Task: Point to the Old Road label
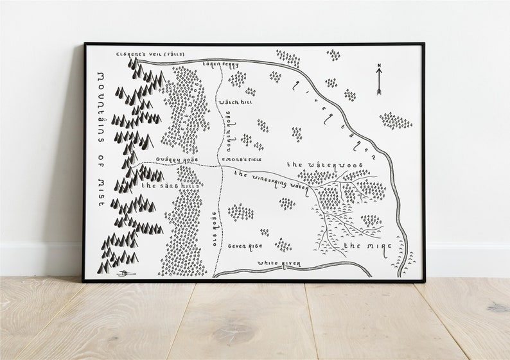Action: pos(215,223)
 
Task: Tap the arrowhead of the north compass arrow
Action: pos(379,73)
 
